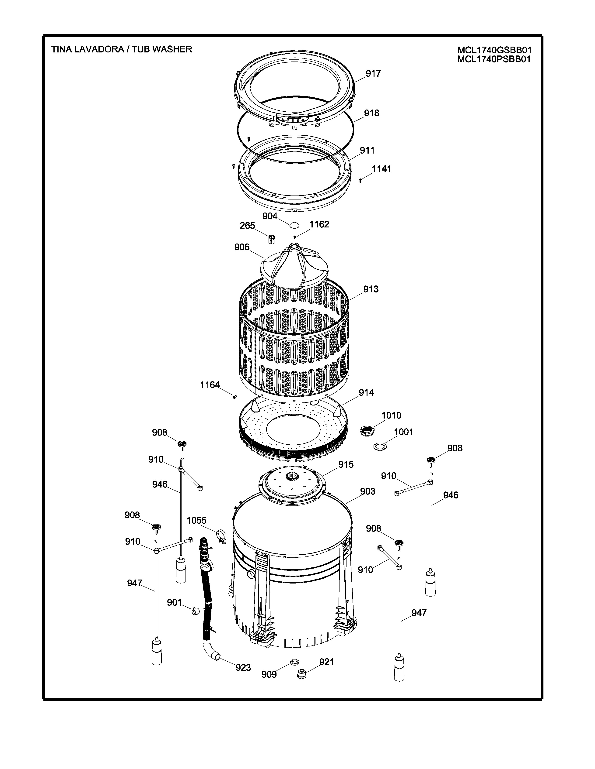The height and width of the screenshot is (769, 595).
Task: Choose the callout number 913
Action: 371,289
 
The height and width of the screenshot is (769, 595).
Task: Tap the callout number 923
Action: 243,667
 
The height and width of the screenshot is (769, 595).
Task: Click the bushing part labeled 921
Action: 301,675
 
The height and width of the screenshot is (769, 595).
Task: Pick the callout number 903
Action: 368,491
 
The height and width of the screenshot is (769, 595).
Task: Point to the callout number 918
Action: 371,113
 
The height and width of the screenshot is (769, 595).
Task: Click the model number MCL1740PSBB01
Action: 494,59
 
